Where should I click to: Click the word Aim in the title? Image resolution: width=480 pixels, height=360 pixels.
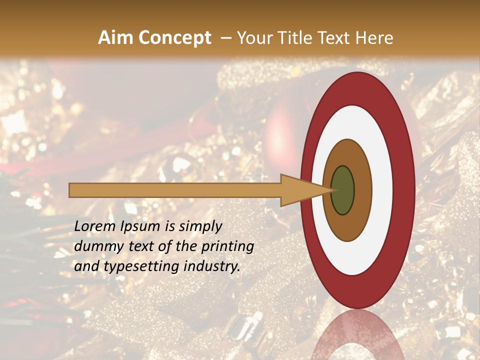pyautogui.click(x=115, y=38)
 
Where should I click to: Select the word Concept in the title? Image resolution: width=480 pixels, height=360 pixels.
pyautogui.click(x=174, y=38)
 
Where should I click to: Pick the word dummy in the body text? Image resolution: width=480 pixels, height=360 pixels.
pyautogui.click(x=94, y=246)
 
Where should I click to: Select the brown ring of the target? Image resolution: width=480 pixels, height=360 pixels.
pyautogui.click(x=362, y=190)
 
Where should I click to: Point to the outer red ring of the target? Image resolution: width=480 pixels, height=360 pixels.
pyautogui.click(x=404, y=190)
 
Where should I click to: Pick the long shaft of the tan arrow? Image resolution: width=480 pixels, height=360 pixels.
pyautogui.click(x=175, y=190)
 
